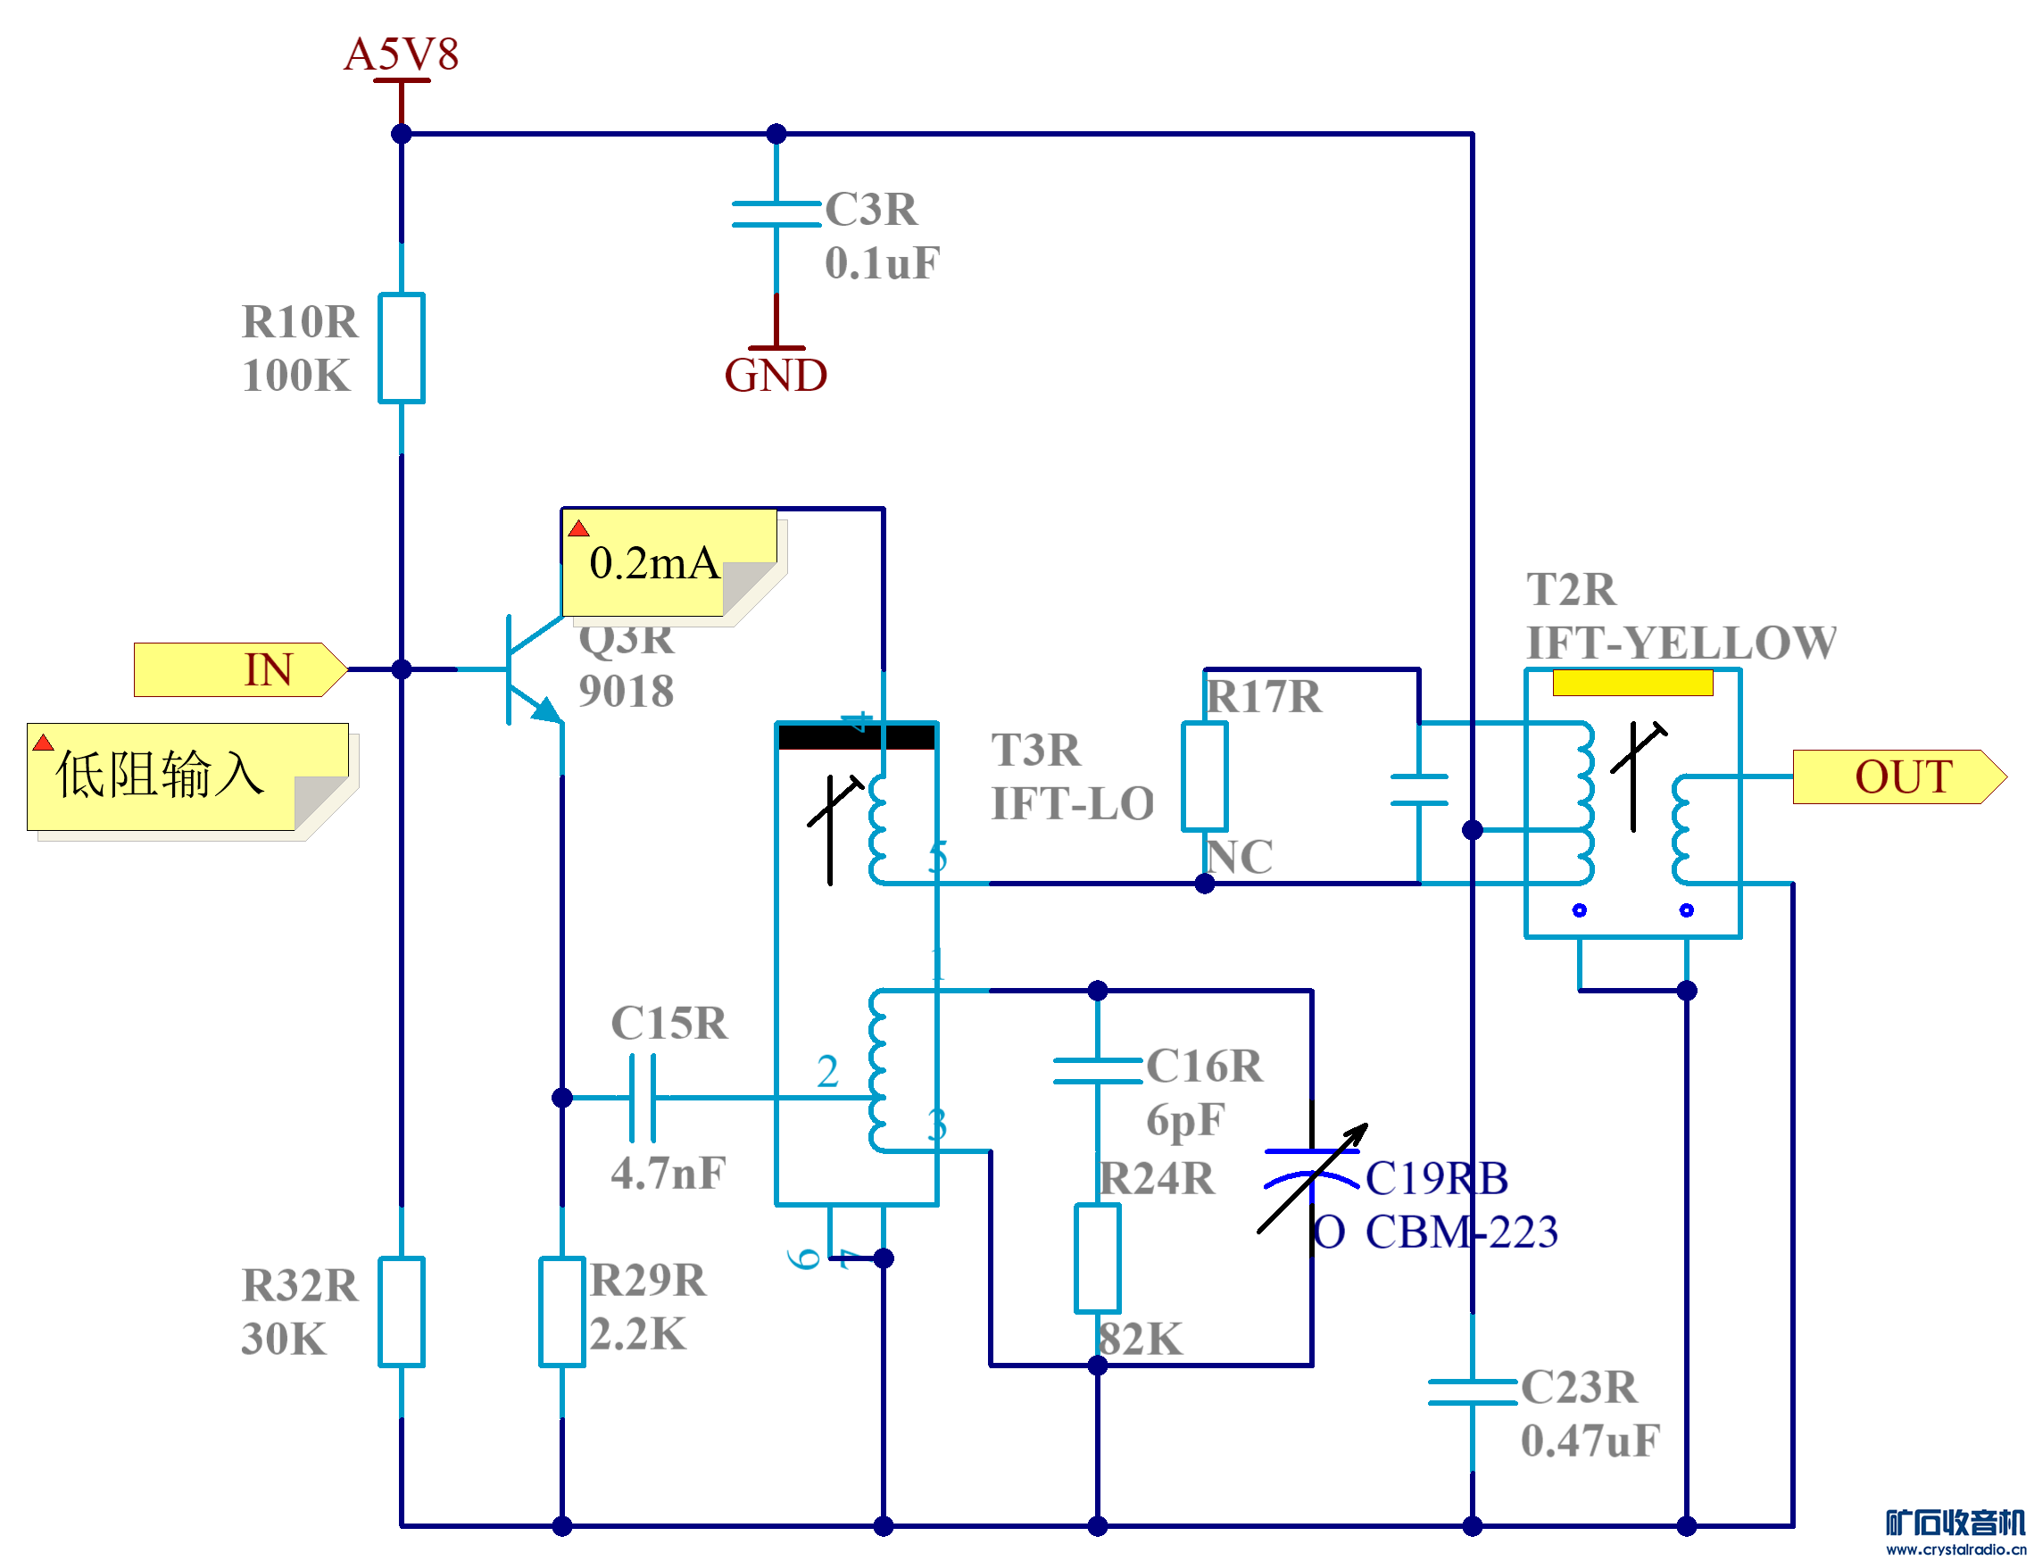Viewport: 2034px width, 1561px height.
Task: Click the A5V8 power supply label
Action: click(x=402, y=54)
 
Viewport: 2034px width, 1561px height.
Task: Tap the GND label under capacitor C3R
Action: click(x=776, y=376)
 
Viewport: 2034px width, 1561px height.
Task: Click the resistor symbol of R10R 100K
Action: click(x=402, y=348)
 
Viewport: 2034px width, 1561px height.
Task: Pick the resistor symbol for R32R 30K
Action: click(x=402, y=1312)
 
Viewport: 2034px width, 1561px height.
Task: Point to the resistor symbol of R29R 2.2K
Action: click(x=562, y=1312)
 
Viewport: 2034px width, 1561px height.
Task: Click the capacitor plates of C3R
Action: click(x=776, y=213)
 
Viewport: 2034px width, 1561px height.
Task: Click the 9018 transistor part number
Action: click(x=626, y=692)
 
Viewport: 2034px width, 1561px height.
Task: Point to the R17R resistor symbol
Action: click(x=1205, y=776)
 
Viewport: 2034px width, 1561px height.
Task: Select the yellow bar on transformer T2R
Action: click(x=1632, y=683)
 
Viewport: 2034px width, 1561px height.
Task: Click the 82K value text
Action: click(x=1141, y=1339)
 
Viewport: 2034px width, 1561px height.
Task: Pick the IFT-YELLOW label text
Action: click(x=1681, y=643)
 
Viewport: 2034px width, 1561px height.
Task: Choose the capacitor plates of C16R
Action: click(x=1098, y=1070)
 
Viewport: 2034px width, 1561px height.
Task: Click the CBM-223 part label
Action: click(x=1461, y=1232)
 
